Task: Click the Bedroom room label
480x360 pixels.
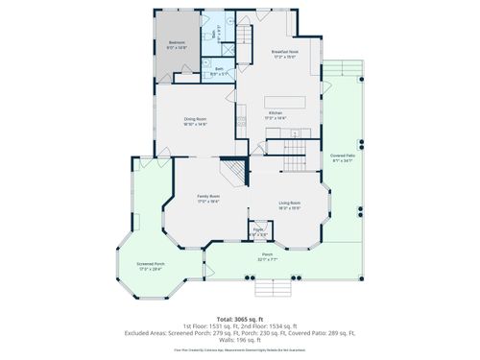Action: click(177, 43)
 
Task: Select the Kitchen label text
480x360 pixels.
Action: click(275, 112)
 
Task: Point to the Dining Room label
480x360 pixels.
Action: click(196, 119)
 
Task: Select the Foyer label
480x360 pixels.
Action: click(258, 229)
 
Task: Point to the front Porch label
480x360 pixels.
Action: click(287, 254)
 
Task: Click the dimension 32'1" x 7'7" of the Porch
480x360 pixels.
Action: click(287, 259)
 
